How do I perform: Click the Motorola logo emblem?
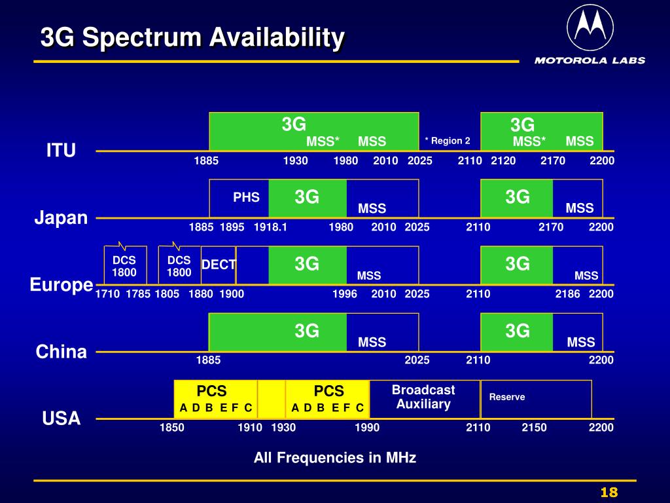(x=590, y=28)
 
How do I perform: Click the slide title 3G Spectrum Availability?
(x=192, y=38)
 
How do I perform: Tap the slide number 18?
(x=608, y=493)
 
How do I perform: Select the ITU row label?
(x=61, y=151)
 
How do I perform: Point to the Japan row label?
(x=61, y=217)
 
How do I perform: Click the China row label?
(x=61, y=352)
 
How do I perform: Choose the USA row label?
(x=61, y=419)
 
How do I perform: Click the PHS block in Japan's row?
(x=246, y=197)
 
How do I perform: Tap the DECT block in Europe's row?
(x=218, y=264)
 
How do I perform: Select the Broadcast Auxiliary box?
(x=423, y=397)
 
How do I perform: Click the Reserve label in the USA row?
(x=506, y=397)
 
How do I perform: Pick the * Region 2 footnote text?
(x=448, y=141)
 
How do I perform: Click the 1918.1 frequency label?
(x=270, y=227)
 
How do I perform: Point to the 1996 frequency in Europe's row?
(x=345, y=294)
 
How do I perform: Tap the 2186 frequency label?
(x=567, y=294)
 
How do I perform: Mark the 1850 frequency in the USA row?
(x=171, y=428)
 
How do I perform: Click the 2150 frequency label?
(x=534, y=428)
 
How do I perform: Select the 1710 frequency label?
(x=108, y=294)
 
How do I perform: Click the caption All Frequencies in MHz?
(x=334, y=458)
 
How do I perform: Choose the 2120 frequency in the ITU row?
(x=503, y=160)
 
